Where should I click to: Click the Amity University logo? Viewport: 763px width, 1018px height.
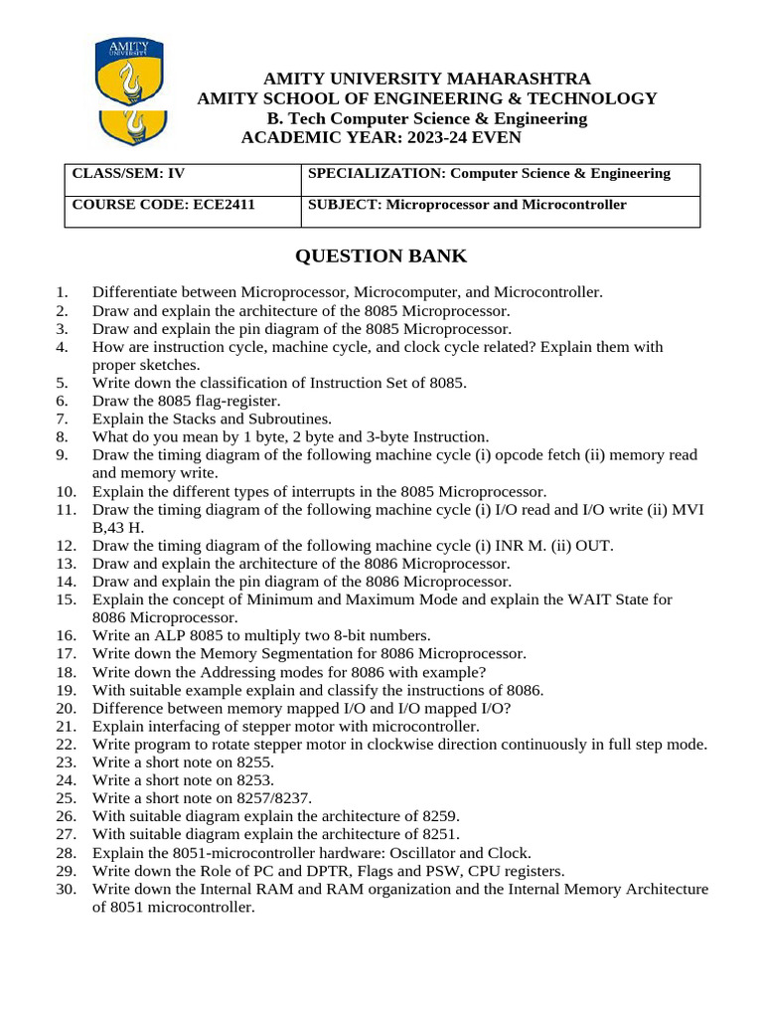[129, 91]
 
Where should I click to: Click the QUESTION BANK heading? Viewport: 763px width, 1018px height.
[381, 256]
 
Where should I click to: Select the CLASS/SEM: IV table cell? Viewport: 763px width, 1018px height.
[183, 180]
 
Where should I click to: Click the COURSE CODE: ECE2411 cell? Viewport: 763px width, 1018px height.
[183, 211]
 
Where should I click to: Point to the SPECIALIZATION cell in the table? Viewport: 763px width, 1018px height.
[501, 180]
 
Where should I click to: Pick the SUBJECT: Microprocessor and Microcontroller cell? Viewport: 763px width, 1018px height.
[501, 211]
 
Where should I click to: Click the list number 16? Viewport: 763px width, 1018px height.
[66, 635]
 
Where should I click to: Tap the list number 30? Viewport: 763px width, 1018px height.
[66, 889]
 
